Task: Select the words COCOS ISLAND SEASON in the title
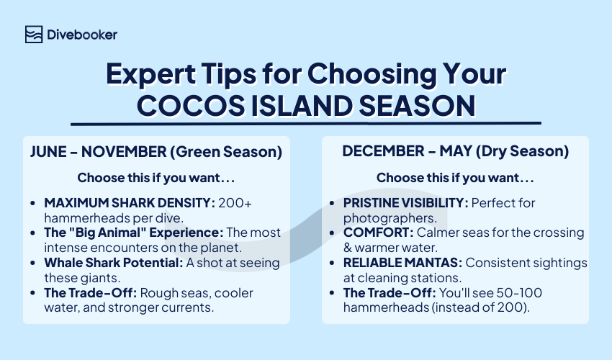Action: pos(306,105)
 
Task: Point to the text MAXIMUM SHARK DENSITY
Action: pos(128,203)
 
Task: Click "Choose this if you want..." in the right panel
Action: pos(455,177)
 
